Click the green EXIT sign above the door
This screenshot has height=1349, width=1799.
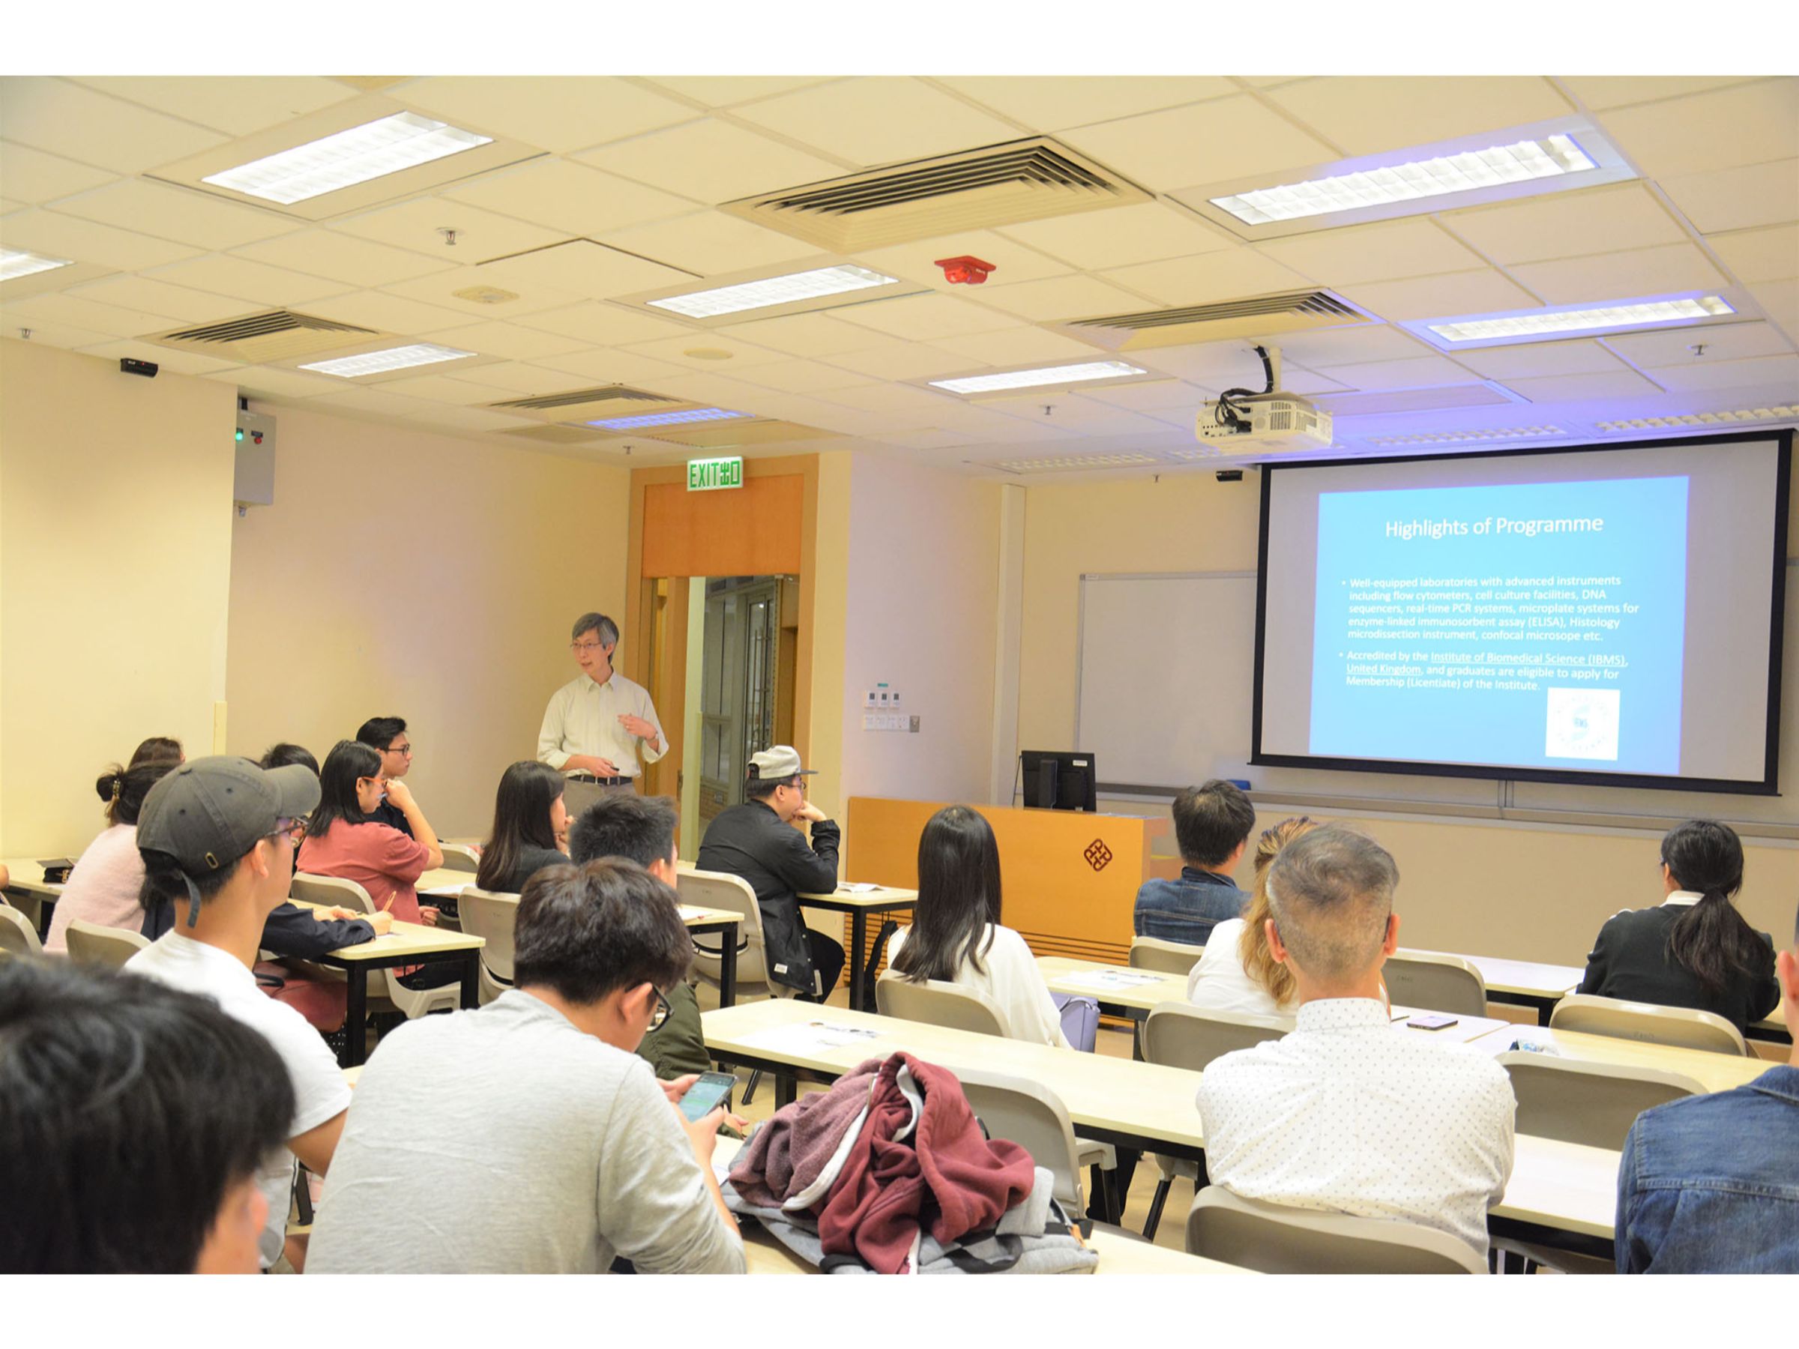(715, 475)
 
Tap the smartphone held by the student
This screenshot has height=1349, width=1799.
(708, 1093)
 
